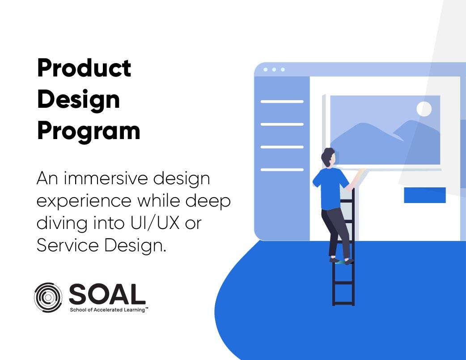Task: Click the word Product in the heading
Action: click(84, 68)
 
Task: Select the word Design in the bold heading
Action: click(78, 100)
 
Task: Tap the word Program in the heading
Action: click(89, 131)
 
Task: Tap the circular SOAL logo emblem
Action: click(48, 297)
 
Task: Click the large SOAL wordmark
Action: click(107, 294)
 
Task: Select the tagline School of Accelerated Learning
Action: click(107, 309)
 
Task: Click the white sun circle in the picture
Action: click(424, 109)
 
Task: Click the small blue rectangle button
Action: click(424, 195)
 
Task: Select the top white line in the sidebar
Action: click(282, 102)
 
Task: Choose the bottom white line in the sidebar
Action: click(282, 169)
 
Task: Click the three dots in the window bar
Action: click(274, 70)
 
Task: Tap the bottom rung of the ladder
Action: click(343, 303)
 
